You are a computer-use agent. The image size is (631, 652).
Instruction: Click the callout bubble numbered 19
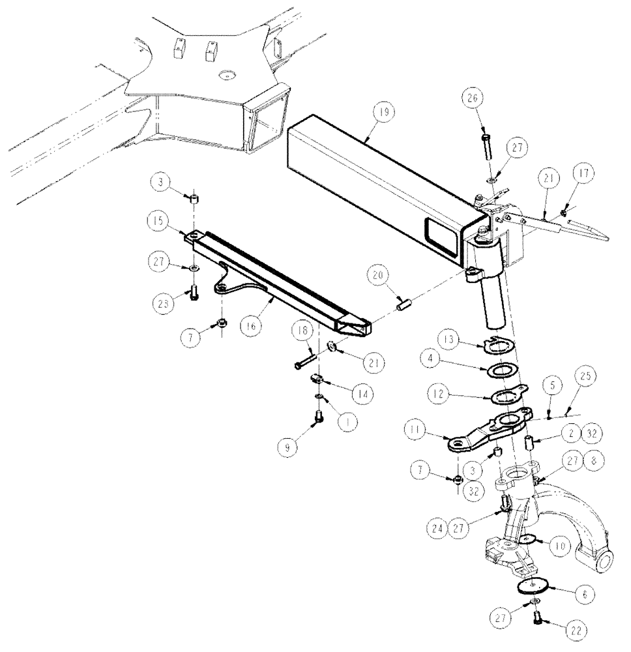383,113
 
